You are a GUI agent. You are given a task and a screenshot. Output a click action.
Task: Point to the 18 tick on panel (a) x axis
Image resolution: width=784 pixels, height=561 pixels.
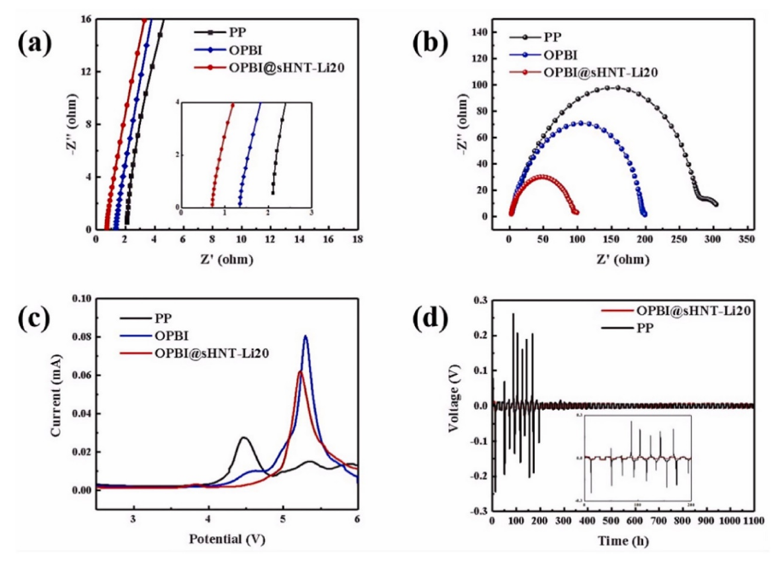(x=357, y=242)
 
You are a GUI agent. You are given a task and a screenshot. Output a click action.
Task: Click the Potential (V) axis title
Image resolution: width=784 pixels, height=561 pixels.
(x=225, y=541)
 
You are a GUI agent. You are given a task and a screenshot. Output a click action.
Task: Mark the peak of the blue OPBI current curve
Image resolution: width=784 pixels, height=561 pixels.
(x=305, y=336)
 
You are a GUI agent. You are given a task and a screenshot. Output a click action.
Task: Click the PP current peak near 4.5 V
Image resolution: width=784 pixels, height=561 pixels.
(x=244, y=438)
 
